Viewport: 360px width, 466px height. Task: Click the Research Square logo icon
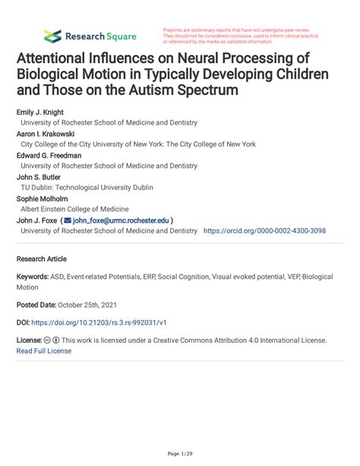(x=52, y=35)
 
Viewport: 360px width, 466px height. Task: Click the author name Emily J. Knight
(x=43, y=111)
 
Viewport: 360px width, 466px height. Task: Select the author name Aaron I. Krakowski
(x=46, y=133)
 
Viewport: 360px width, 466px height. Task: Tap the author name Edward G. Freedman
(x=49, y=155)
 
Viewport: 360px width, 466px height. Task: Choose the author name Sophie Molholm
(x=41, y=198)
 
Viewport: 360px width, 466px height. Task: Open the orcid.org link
(x=265, y=231)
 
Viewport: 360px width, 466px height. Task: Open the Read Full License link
(x=44, y=351)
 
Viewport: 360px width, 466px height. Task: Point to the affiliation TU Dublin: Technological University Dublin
(x=87, y=188)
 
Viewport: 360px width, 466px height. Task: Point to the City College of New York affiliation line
(x=137, y=144)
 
